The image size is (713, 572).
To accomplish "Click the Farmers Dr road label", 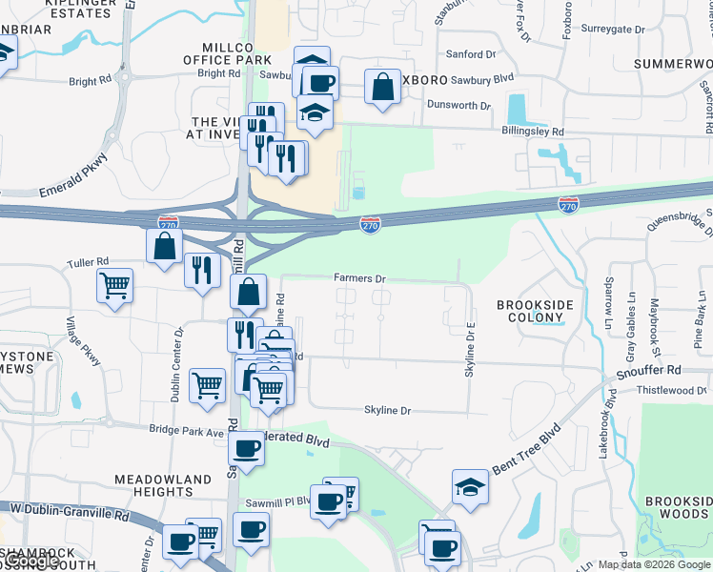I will coord(359,278).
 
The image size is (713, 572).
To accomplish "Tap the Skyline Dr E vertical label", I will coord(470,349).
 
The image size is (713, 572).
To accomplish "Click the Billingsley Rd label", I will coord(533,132).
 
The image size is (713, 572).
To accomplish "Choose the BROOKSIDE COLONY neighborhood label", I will coord(532,311).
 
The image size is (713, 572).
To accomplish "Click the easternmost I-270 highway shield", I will coord(569,204).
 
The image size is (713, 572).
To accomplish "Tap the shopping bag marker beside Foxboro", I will coord(382,87).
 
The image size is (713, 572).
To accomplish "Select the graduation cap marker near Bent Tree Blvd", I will coord(470,486).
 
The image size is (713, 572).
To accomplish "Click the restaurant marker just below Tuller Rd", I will coord(201,271).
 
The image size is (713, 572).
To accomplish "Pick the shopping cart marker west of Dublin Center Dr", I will coord(114,284).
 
